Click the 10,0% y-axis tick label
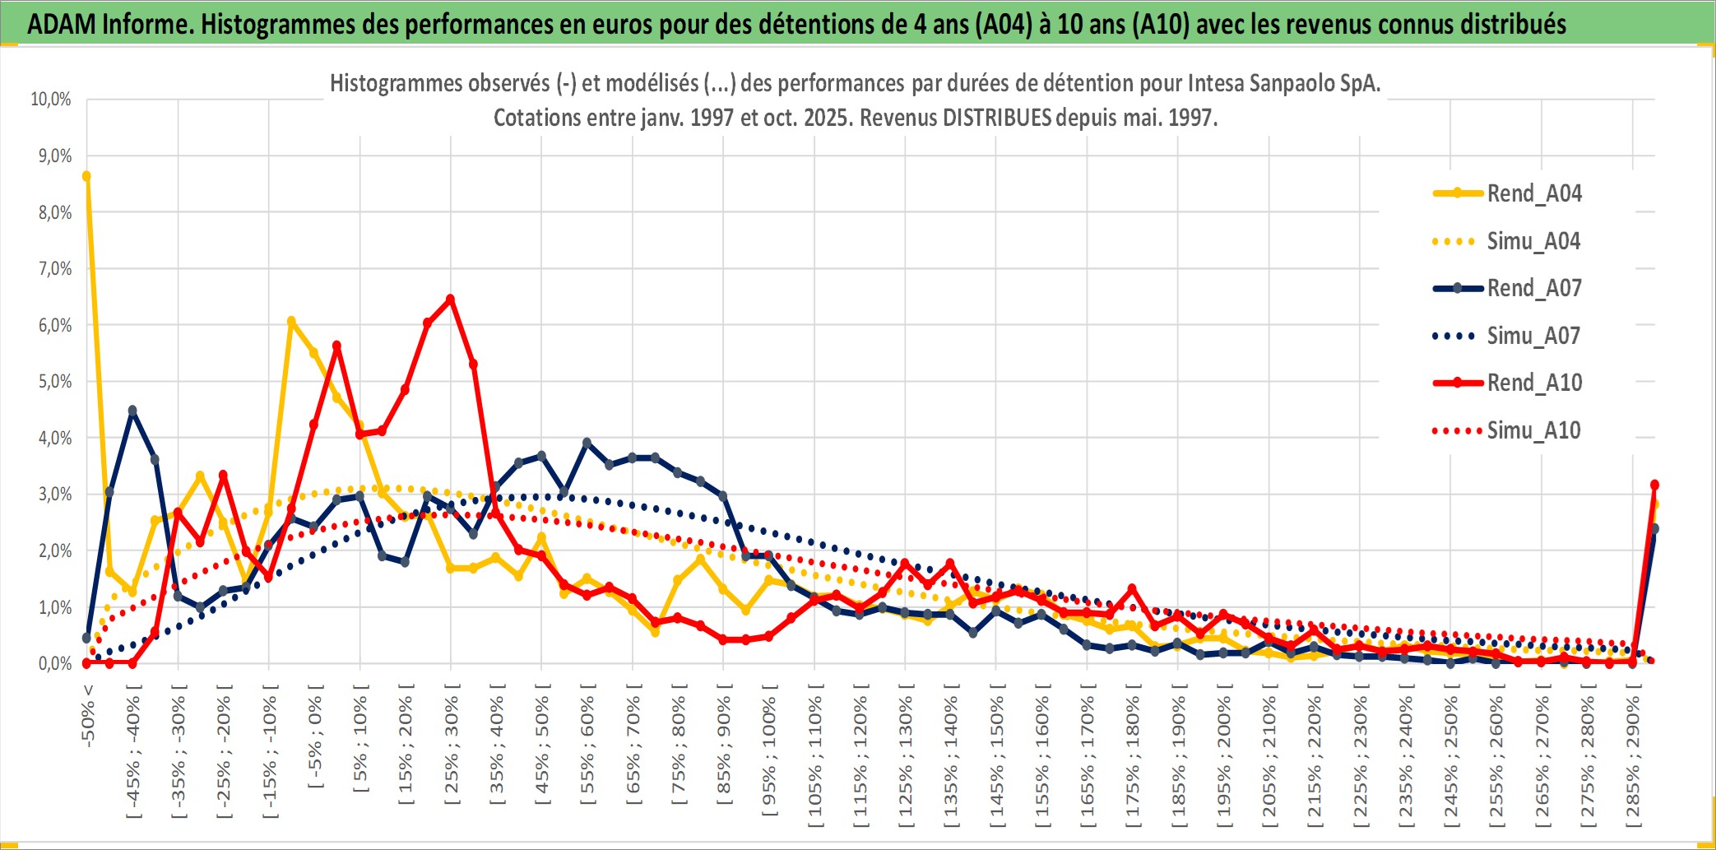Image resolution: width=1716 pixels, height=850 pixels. point(51,100)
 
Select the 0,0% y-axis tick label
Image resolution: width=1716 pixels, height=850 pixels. point(54,663)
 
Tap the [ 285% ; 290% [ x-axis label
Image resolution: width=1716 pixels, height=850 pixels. point(1633,755)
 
